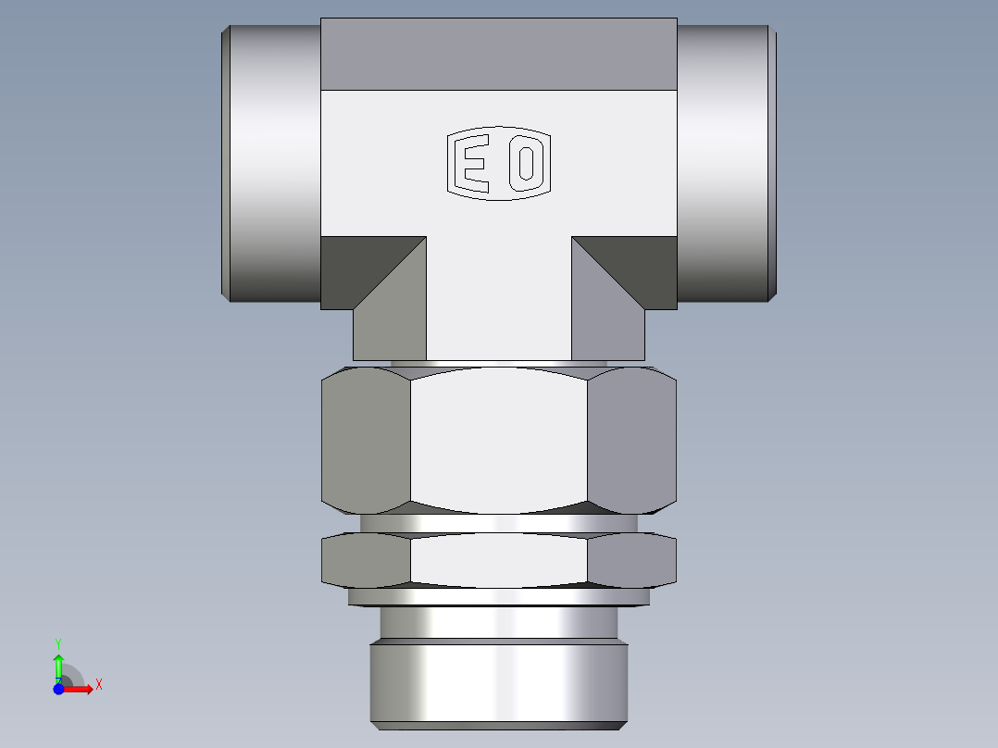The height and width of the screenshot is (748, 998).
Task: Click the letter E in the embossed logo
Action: [x=475, y=164]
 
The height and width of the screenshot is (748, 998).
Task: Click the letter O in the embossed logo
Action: [x=526, y=164]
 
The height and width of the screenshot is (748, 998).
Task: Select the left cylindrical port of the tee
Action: [x=273, y=162]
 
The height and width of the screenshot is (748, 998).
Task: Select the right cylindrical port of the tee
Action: [x=725, y=162]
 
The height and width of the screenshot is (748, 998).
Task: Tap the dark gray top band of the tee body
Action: [x=498, y=54]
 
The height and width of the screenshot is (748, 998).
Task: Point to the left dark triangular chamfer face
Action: [x=356, y=264]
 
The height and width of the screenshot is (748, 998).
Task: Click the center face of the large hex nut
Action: [x=498, y=440]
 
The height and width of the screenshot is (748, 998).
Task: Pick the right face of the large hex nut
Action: [x=632, y=440]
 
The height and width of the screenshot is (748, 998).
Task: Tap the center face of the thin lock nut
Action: [x=498, y=561]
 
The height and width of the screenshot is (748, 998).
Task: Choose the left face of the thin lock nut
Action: [x=365, y=561]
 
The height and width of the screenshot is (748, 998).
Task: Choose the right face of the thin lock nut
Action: [x=632, y=561]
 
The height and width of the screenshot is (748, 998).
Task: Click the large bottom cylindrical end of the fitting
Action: [x=498, y=683]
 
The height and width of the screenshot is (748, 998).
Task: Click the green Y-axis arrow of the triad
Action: [x=58, y=666]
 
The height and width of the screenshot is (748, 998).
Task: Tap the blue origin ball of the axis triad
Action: [x=58, y=690]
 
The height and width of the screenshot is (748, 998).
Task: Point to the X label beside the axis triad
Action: [x=98, y=685]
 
